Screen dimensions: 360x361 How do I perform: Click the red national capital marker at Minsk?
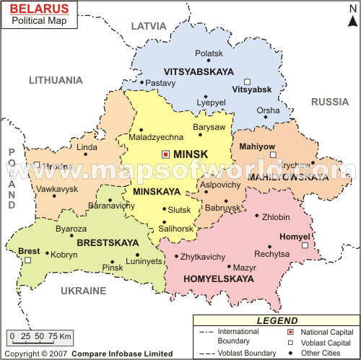pyautogui.click(x=165, y=154)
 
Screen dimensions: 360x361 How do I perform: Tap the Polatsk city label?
pyautogui.click(x=209, y=53)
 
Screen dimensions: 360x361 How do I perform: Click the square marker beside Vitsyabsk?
pyautogui.click(x=247, y=82)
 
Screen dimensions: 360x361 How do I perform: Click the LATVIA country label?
pyautogui.click(x=148, y=25)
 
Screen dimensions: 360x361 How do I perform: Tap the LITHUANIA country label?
pyautogui.click(x=56, y=79)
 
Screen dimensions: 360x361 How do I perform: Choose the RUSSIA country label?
pyautogui.click(x=329, y=102)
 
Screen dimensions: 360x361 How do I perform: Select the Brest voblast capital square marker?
pyautogui.click(x=27, y=260)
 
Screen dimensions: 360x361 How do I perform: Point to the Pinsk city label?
pyautogui.click(x=112, y=268)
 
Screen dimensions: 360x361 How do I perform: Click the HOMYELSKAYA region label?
pyautogui.click(x=219, y=278)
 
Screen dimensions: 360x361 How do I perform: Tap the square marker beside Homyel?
pyautogui.click(x=305, y=245)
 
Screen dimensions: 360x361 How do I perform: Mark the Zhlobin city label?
pyautogui.click(x=276, y=216)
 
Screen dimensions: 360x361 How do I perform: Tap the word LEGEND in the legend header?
pyautogui.click(x=277, y=320)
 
